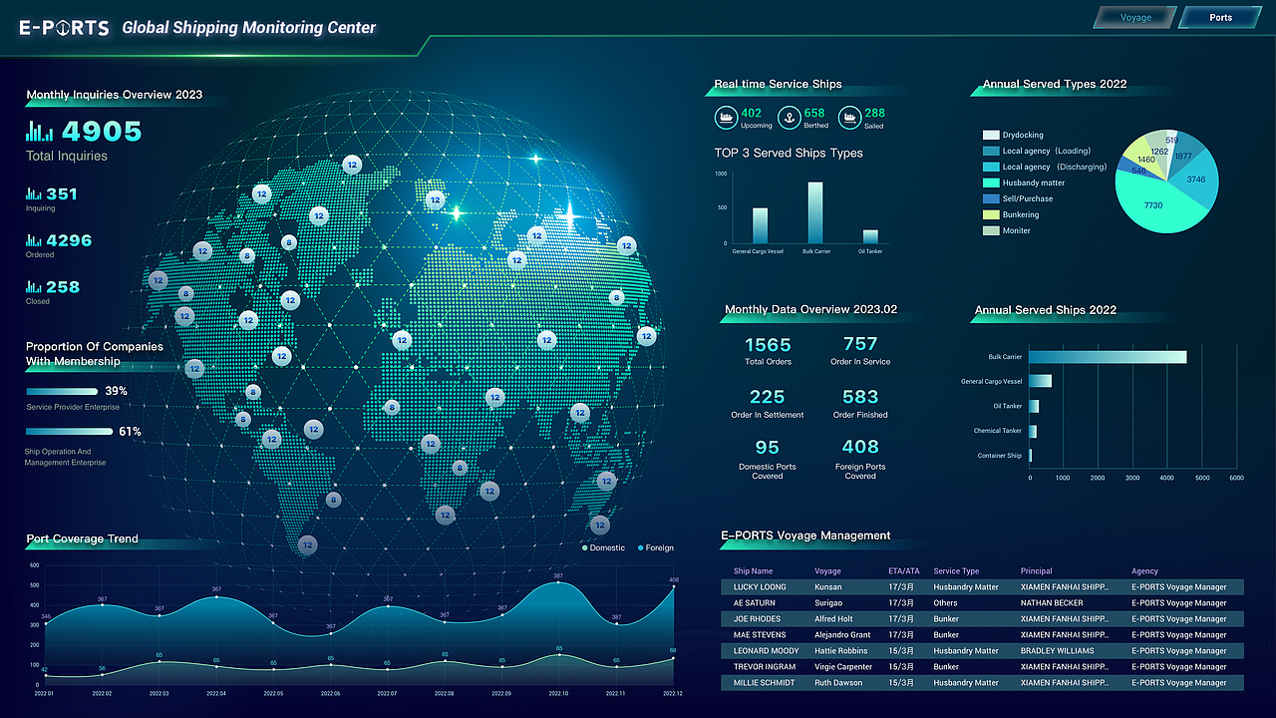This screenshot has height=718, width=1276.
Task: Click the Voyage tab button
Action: click(1135, 18)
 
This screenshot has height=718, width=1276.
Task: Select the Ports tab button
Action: click(1220, 18)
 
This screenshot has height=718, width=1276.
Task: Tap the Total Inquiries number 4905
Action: click(102, 132)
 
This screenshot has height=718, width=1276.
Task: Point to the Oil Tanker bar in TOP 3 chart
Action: click(870, 236)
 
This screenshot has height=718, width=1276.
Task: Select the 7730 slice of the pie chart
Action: click(1156, 205)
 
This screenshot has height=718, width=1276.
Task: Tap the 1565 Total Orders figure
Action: click(768, 345)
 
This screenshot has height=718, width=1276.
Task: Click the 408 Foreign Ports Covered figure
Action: click(860, 447)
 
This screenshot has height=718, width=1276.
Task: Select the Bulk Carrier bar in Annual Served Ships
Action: click(1108, 357)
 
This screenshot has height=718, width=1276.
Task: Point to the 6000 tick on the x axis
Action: click(1236, 479)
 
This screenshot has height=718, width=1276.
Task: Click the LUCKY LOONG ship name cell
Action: click(760, 587)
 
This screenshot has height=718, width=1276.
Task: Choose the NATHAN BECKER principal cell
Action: click(1051, 603)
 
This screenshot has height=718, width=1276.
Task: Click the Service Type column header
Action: click(956, 571)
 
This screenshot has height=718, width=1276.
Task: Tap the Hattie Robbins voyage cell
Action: click(840, 651)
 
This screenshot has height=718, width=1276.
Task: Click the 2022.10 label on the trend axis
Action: click(558, 693)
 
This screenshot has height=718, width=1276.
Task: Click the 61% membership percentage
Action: click(130, 432)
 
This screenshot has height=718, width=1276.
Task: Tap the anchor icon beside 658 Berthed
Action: click(790, 118)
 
